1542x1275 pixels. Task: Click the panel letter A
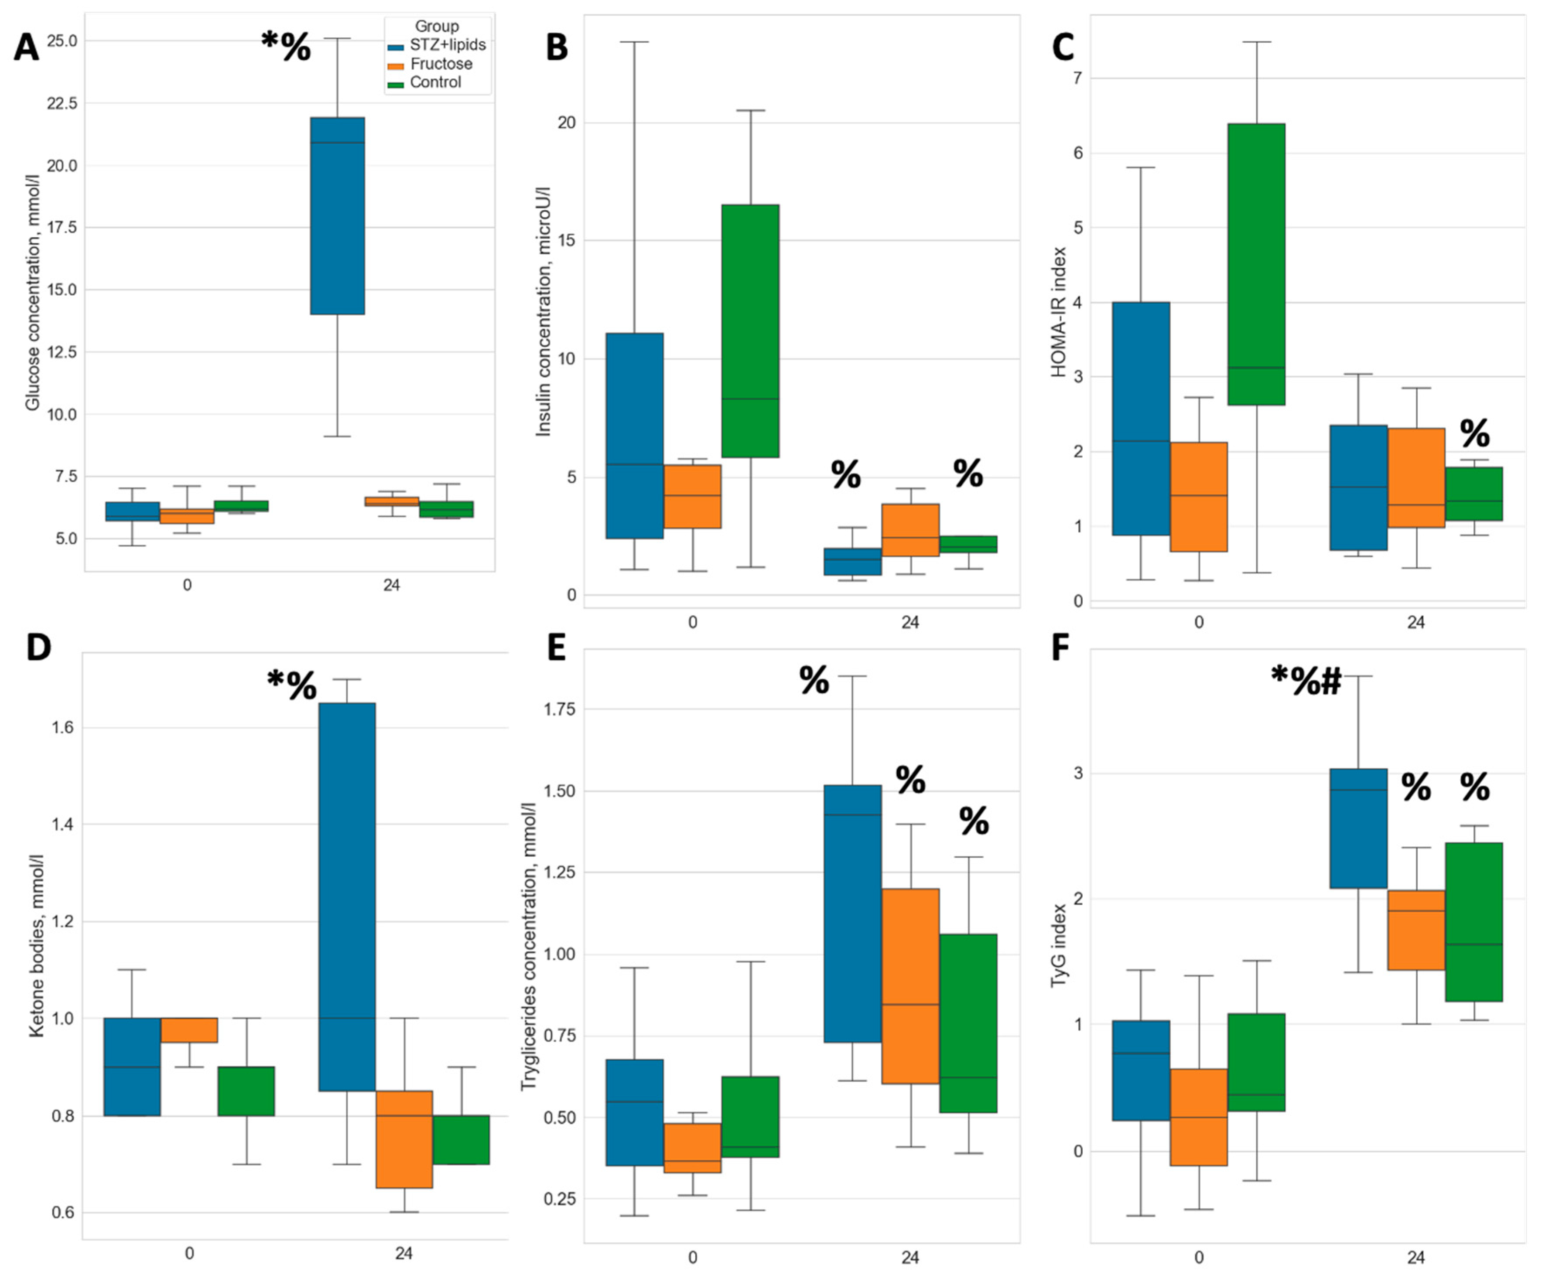pos(27,48)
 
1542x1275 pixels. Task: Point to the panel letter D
pos(38,648)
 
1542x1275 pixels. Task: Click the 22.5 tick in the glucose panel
pos(62,103)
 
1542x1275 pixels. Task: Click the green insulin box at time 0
pos(750,331)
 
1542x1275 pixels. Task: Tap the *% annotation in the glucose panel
pos(286,46)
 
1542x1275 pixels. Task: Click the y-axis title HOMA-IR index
pos(1058,312)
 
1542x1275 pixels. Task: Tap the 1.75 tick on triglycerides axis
pos(560,709)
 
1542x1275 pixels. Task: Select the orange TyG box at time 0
pos(1198,1116)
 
